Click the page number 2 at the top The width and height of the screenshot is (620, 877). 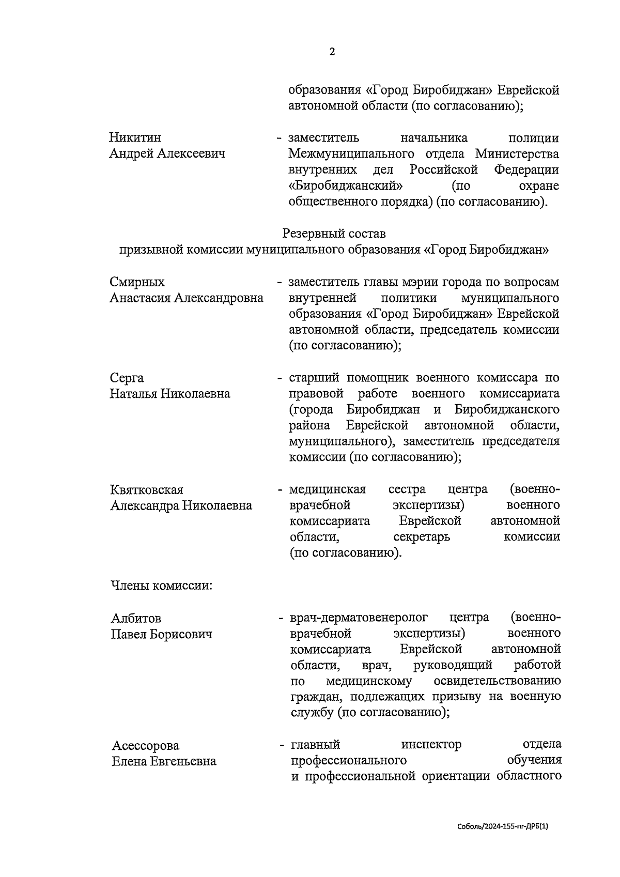[332, 52]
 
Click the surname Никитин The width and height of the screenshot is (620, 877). [135, 138]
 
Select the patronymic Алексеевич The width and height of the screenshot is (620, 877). [191, 154]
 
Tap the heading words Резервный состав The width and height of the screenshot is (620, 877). [334, 234]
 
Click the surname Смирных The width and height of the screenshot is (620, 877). [137, 282]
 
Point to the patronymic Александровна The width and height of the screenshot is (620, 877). [219, 298]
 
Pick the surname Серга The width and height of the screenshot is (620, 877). [127, 378]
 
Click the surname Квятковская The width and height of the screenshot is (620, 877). [147, 489]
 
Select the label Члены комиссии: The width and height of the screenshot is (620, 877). [162, 586]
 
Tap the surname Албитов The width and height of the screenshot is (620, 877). [136, 618]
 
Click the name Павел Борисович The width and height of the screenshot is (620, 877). [162, 634]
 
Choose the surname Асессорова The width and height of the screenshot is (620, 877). [146, 745]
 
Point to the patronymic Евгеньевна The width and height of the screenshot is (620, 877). [183, 761]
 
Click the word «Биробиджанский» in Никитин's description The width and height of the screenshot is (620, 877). [346, 186]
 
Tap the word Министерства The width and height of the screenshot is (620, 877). [517, 154]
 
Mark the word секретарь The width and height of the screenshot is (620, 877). [422, 537]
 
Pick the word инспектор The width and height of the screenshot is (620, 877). [431, 745]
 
